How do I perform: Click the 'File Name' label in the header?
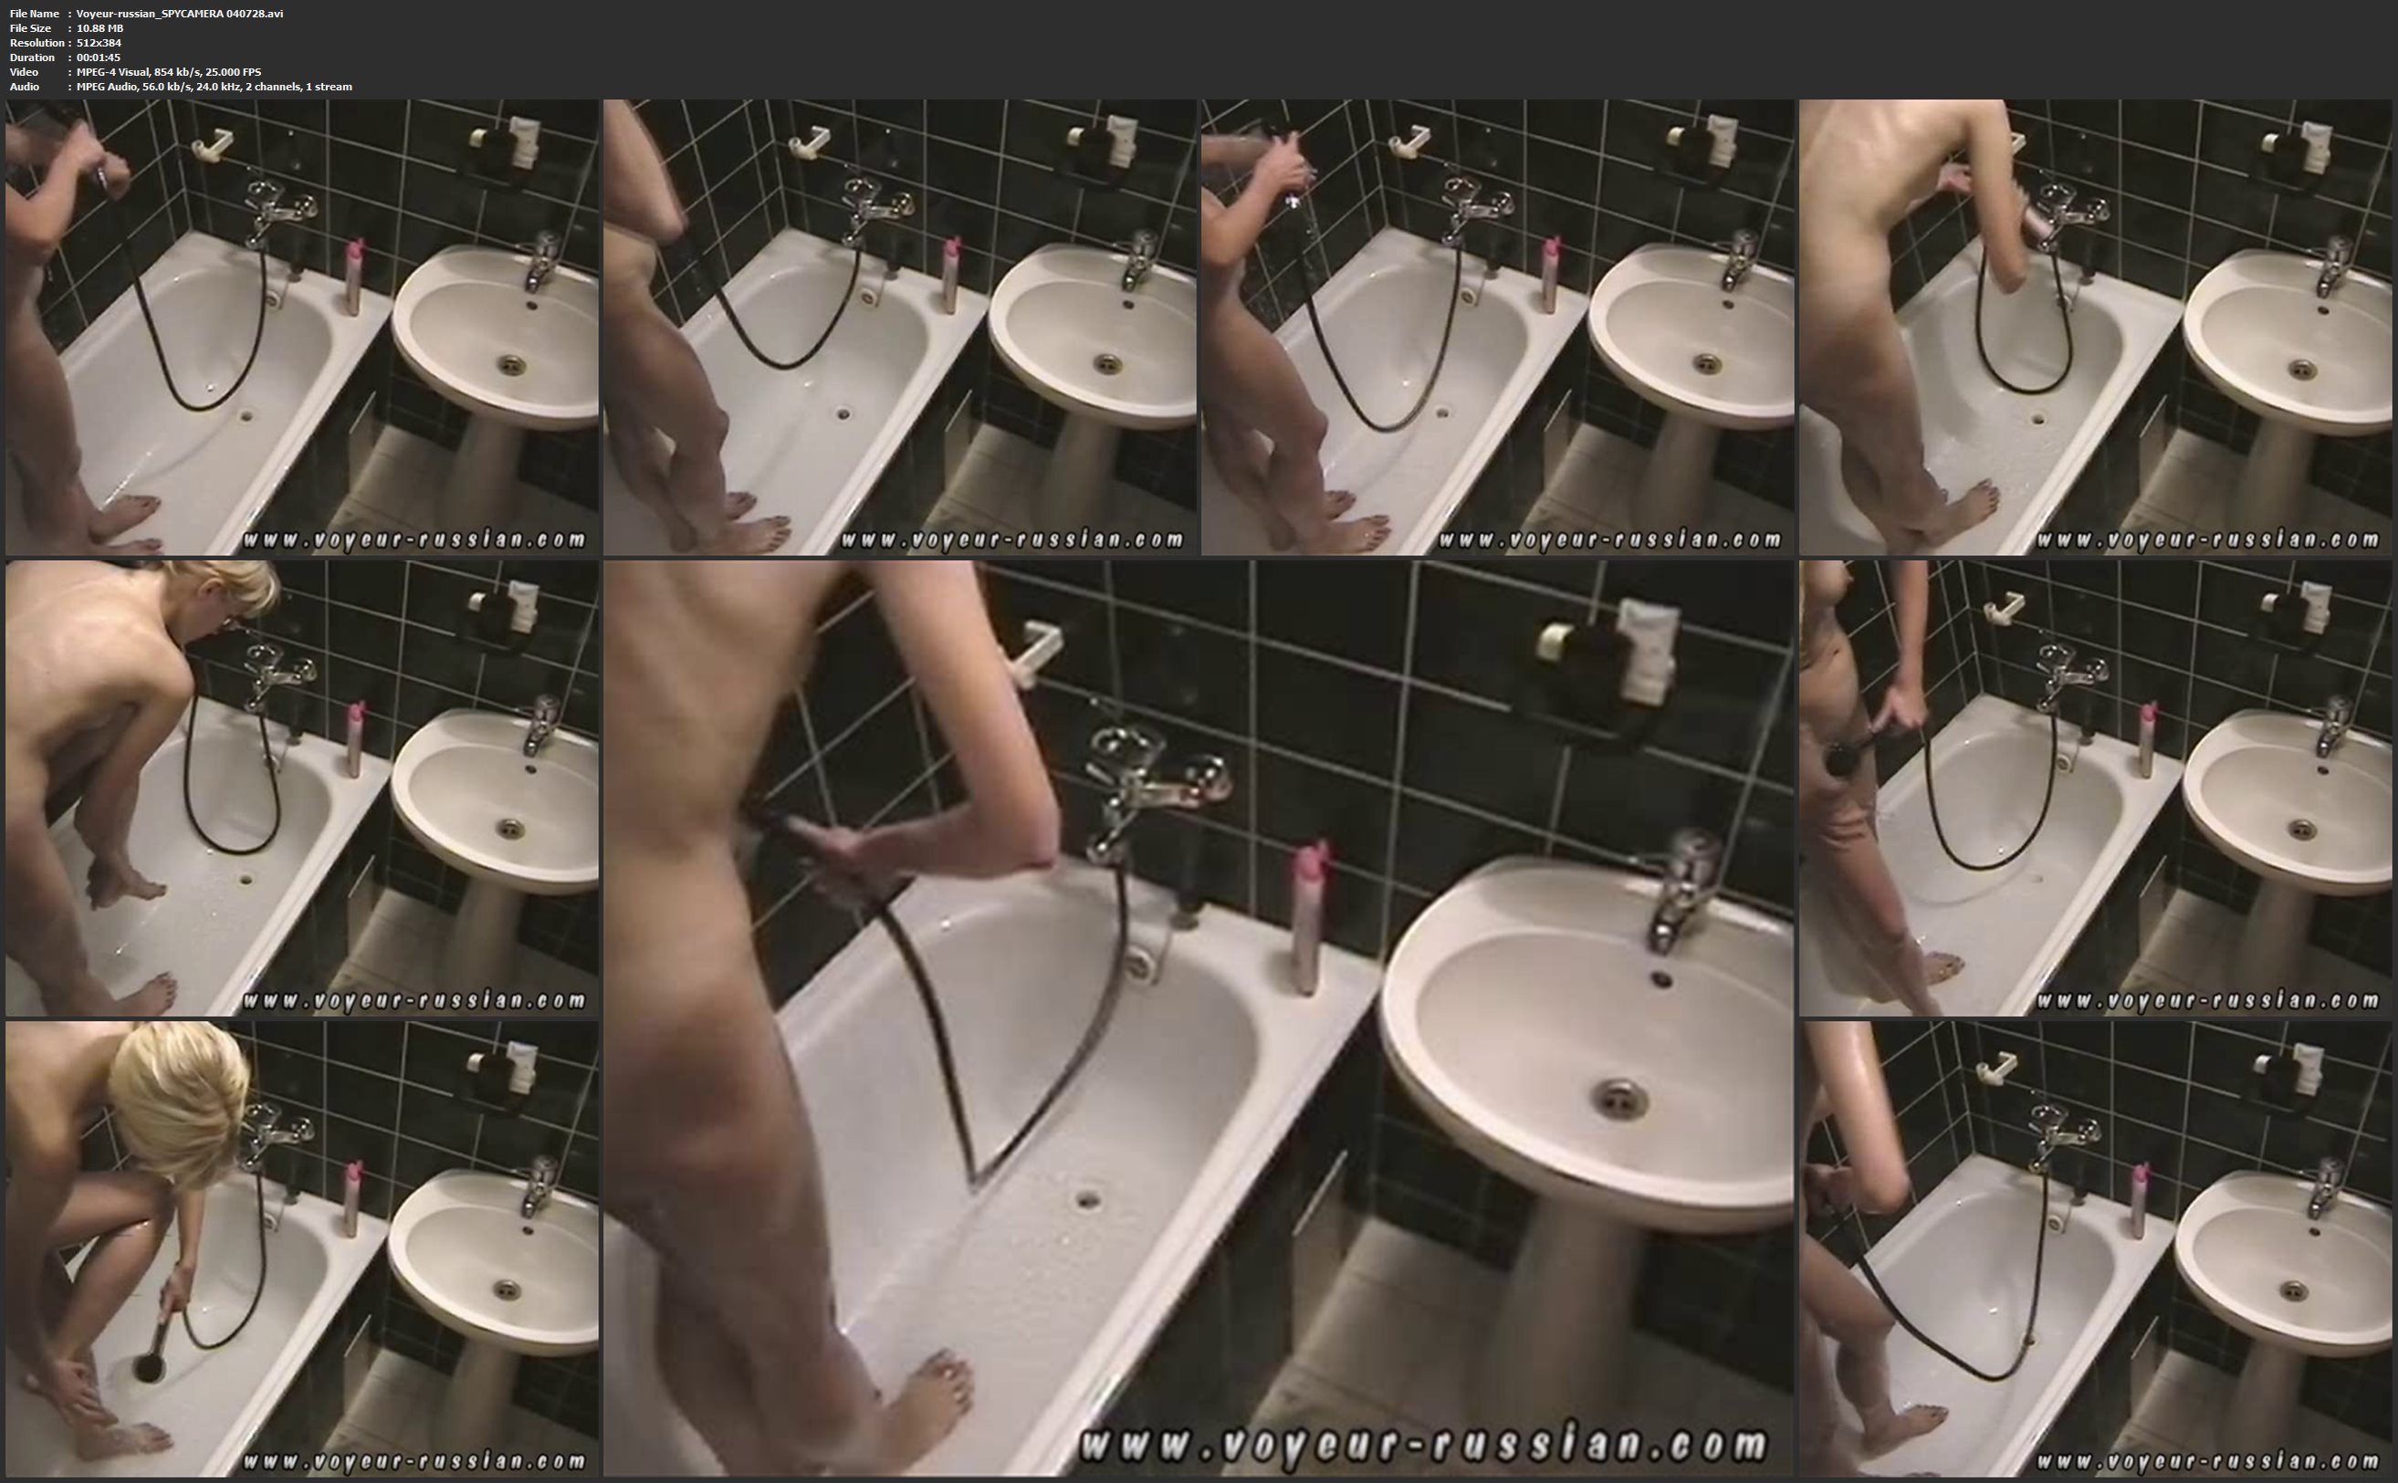tap(35, 14)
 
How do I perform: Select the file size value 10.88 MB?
tap(100, 28)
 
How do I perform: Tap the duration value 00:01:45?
tap(98, 57)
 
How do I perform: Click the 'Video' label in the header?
tap(24, 71)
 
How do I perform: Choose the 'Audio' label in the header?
tap(25, 87)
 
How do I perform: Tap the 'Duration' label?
tap(32, 57)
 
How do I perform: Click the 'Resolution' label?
tap(37, 43)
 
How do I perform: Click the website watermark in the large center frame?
tap(1422, 1445)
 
